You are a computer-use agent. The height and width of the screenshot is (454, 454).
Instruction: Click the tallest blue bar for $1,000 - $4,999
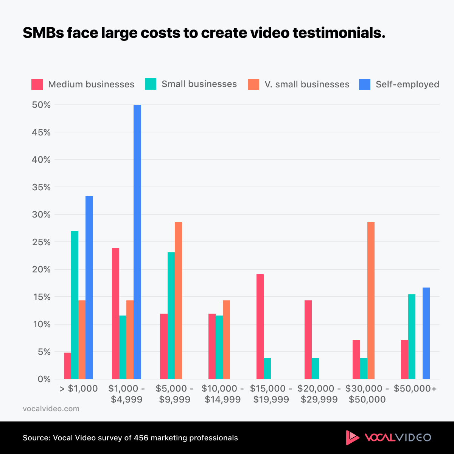click(137, 242)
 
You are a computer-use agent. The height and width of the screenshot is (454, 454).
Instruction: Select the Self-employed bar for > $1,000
click(89, 288)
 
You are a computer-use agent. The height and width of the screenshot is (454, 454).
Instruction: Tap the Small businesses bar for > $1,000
click(75, 305)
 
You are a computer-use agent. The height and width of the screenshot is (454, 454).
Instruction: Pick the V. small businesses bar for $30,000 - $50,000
click(371, 300)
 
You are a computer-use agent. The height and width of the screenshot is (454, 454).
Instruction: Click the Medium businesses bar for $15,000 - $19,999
click(260, 327)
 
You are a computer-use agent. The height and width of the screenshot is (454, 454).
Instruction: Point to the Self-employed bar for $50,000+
click(426, 333)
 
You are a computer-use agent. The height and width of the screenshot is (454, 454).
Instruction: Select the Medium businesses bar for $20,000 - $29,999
click(308, 340)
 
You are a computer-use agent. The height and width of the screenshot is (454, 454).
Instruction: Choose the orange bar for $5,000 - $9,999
click(178, 300)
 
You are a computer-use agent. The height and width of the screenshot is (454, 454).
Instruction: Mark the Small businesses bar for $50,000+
click(412, 337)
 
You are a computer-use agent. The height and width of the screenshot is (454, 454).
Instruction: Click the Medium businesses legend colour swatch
click(37, 84)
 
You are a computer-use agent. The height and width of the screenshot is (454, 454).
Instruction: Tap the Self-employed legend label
click(407, 84)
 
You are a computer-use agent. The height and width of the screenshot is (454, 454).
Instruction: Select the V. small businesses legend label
click(307, 84)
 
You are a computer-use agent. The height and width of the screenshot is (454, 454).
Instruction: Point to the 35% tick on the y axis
click(41, 187)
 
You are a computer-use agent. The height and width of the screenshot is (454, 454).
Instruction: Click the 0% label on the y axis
click(44, 379)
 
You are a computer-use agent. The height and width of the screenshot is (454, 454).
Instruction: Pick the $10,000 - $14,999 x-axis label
click(222, 394)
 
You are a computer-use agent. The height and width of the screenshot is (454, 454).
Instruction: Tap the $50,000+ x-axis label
click(415, 389)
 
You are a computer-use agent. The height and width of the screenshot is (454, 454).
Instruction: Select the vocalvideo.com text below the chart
click(51, 409)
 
